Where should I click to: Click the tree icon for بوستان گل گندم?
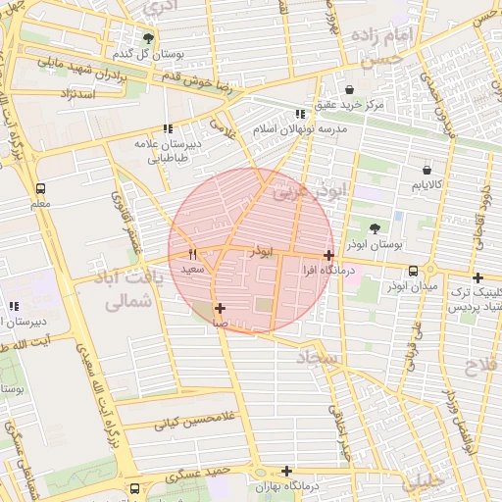tap(148, 38)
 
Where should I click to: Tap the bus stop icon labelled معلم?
tap(40, 188)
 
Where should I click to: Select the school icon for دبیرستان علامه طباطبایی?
tap(168, 127)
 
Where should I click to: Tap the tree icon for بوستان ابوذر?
tap(427, 225)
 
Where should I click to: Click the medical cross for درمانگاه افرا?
tap(328, 255)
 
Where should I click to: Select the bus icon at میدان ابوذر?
tap(414, 271)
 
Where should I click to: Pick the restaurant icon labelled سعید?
tap(192, 253)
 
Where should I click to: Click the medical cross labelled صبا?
tap(220, 308)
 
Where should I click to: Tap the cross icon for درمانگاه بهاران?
tap(286, 471)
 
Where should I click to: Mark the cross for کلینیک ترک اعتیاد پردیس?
tap(477, 277)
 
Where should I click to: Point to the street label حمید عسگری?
tap(197, 472)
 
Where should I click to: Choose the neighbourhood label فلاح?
tap(479, 367)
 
